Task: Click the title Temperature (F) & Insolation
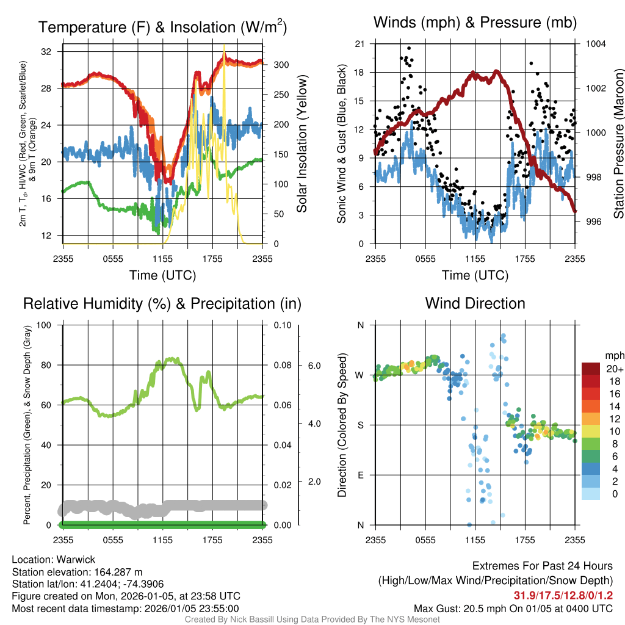162,27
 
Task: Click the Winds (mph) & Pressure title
475,23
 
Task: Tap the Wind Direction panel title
475,303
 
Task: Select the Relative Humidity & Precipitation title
162,303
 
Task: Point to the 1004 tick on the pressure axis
594,44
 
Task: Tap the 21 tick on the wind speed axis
359,44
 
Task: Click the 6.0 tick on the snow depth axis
314,366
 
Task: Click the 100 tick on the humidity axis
45,325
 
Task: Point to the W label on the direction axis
360,375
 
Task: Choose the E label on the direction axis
360,475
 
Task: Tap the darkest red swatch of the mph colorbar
592,368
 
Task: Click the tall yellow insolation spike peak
225,46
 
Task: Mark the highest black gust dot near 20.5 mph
409,48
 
